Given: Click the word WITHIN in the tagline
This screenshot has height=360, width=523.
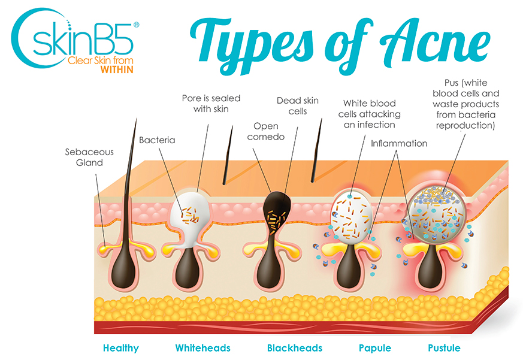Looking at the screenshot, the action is pos(117,69).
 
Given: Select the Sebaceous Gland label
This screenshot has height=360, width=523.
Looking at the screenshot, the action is pos(89,157).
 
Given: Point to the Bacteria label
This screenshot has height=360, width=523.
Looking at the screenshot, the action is pos(157,140).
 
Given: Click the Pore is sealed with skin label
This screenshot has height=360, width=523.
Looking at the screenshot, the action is pos(211,104).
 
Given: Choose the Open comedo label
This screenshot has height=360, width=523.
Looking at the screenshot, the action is pos(266,131).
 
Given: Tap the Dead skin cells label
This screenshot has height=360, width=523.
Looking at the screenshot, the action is pos(298,106).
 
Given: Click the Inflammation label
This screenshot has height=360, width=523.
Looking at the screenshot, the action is pos(399,143).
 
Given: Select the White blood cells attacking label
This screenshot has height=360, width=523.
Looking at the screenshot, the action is pos(369,114).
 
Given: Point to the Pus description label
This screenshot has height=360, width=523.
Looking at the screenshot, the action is pos(465,104).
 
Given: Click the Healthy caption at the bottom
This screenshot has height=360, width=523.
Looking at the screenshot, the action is pos(121,348).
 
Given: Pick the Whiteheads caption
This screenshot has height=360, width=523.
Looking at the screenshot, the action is pos(203,348).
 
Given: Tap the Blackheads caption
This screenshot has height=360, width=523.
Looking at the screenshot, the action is pos(295,348).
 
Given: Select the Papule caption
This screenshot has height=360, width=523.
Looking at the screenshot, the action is pos(375,348).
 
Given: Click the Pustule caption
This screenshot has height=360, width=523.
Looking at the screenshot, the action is pos(445,348).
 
